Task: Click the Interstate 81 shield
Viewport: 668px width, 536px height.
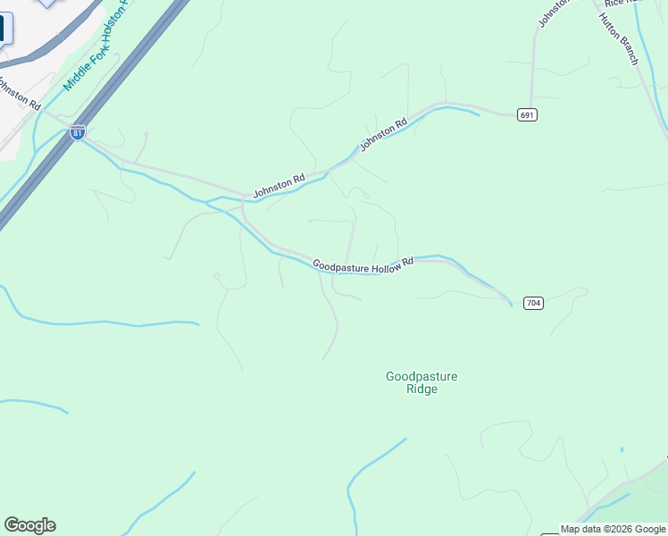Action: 78,132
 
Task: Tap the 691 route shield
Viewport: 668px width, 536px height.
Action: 527,115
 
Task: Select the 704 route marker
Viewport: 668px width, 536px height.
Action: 532,303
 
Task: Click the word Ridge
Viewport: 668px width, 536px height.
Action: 422,389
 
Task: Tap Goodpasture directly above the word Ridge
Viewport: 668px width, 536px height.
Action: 422,377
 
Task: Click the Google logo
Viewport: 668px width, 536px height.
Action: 29,525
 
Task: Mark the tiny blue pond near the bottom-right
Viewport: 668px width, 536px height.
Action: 622,449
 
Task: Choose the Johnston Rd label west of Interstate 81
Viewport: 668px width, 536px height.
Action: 18,94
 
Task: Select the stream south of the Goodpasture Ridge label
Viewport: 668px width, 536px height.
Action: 375,458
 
